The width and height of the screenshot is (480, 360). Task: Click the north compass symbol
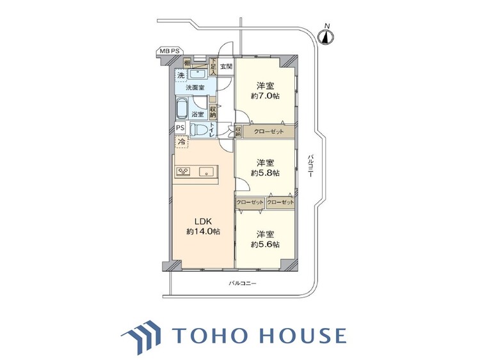(x=326, y=37)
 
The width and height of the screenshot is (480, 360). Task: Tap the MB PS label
(x=170, y=51)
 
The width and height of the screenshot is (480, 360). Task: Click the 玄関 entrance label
(x=226, y=67)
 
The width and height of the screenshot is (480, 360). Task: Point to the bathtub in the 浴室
(x=182, y=109)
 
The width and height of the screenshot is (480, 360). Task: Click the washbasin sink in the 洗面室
(x=198, y=74)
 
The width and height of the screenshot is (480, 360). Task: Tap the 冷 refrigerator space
(x=182, y=142)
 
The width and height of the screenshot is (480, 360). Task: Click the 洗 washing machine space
(x=181, y=75)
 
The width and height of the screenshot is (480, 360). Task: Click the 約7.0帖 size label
(x=265, y=96)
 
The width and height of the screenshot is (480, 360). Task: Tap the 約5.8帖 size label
(x=265, y=173)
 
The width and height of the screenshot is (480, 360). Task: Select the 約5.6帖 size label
(x=265, y=244)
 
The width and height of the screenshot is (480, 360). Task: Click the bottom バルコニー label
(x=242, y=283)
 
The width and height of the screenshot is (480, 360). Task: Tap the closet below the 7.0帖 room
(x=268, y=132)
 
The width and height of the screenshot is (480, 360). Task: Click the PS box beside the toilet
(x=180, y=127)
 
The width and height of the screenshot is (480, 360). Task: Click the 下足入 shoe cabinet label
(x=213, y=67)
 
